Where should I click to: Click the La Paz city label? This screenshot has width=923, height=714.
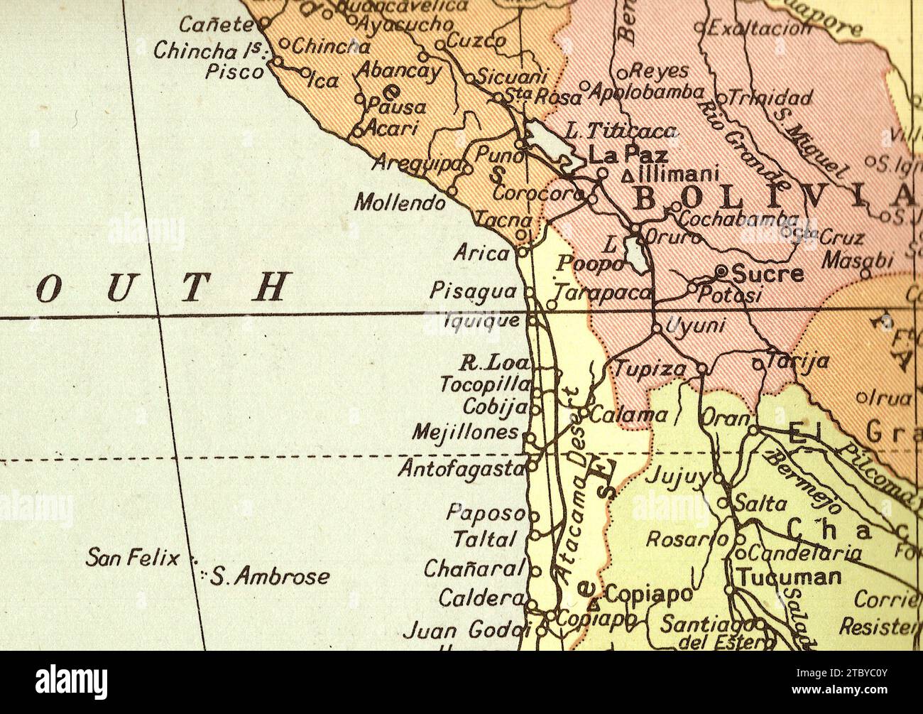point(628,154)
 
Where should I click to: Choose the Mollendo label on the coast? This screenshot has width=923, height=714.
point(400,203)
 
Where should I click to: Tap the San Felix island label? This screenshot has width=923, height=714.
point(133,558)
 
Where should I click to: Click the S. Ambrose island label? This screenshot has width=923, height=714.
point(271,576)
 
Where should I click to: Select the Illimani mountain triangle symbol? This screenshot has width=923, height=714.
point(627,175)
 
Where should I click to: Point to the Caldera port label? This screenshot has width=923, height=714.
point(481,598)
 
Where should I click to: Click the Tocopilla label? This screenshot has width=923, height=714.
point(485,384)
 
